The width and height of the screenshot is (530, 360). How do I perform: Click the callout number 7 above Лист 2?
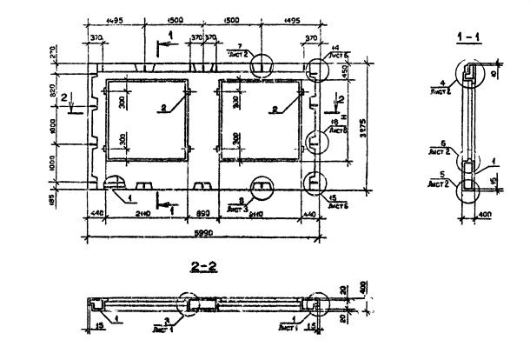coord(238,44)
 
